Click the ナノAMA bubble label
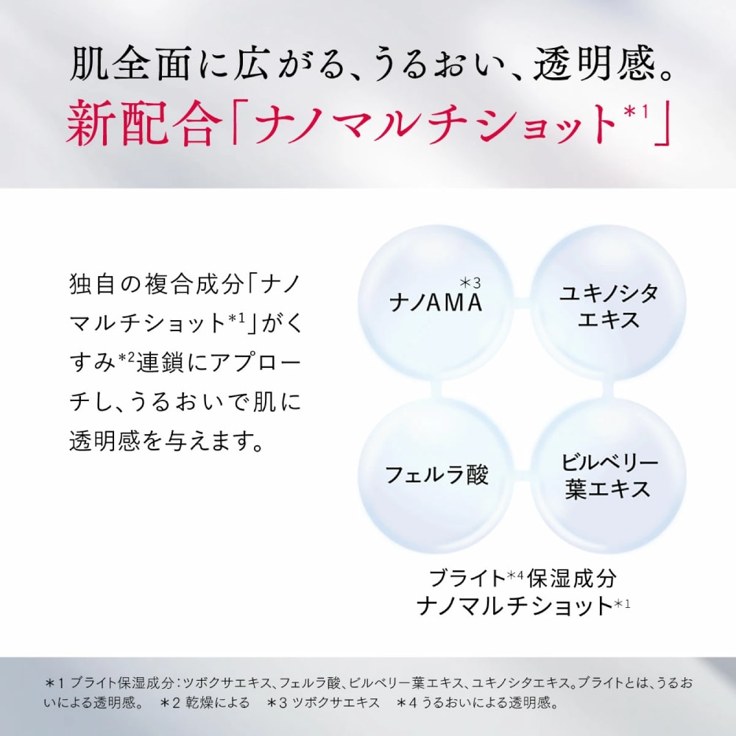[436, 302]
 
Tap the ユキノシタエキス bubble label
[609, 306]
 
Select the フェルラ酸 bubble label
[436, 475]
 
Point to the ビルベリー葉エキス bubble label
[609, 475]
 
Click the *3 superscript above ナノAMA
[470, 283]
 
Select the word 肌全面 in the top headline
[130, 63]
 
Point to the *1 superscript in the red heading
[636, 112]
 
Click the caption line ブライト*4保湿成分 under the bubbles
[523, 578]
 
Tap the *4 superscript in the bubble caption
[515, 574]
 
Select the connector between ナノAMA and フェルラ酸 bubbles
[436, 389]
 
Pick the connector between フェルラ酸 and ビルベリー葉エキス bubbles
[522, 476]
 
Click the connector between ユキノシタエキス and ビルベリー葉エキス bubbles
[608, 389]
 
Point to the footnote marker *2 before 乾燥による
[171, 703]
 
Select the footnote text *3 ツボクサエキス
[323, 703]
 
